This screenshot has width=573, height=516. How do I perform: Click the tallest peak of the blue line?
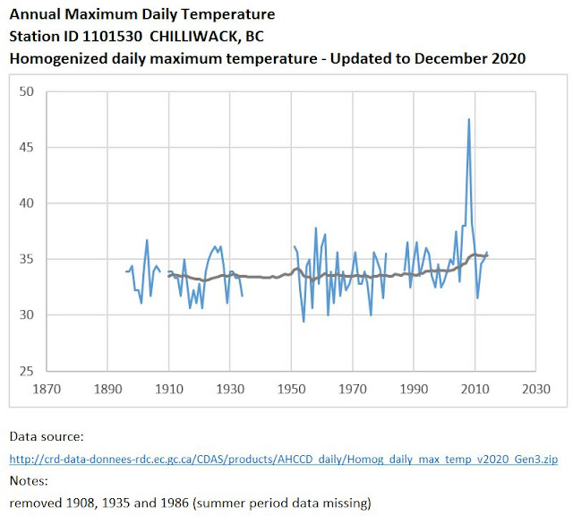(468, 119)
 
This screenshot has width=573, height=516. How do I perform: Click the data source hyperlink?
(284, 460)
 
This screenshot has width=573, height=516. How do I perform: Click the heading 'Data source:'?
(46, 437)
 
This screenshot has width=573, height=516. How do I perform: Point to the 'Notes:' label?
(30, 480)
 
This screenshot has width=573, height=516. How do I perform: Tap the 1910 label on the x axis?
(169, 390)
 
